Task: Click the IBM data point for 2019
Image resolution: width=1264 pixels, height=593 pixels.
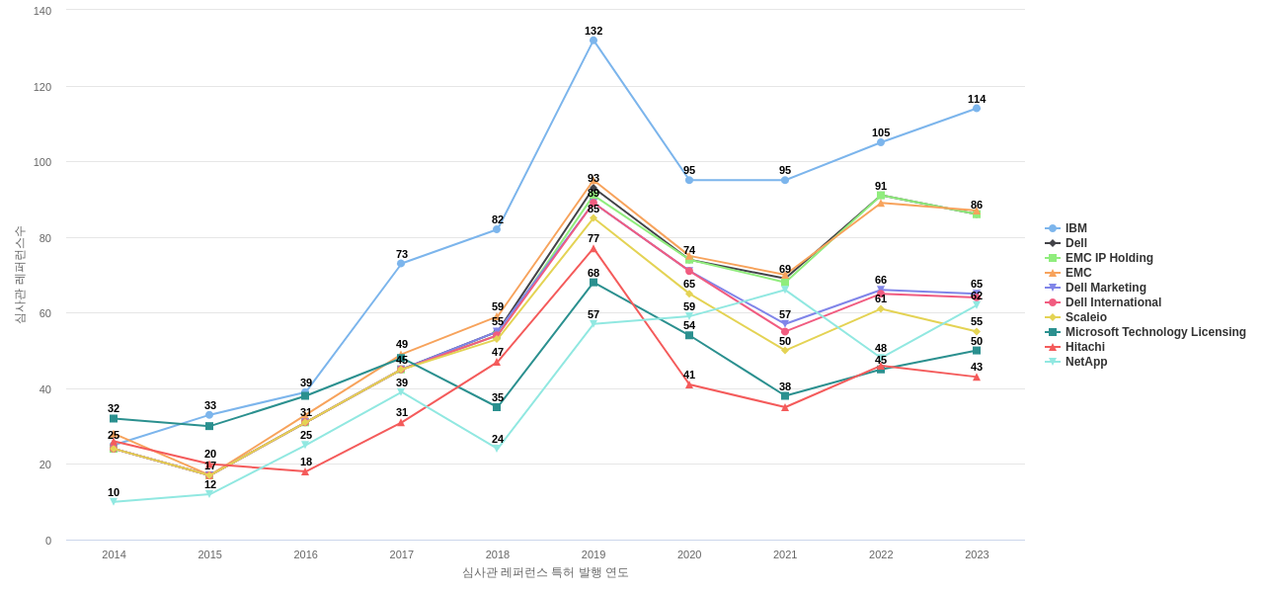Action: [593, 41]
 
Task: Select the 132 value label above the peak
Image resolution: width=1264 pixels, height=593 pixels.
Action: [593, 31]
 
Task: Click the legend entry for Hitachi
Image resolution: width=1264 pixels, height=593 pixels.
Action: [1084, 347]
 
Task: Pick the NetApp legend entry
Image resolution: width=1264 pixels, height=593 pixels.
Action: [1085, 362]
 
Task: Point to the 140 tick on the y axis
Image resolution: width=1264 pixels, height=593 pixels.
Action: [42, 11]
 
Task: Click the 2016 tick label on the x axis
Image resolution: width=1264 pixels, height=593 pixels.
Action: [306, 554]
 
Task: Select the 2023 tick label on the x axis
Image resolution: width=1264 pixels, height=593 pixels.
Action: [977, 554]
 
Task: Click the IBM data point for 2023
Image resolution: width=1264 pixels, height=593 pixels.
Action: [977, 109]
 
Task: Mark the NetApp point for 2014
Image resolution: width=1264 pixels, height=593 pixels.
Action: [114, 502]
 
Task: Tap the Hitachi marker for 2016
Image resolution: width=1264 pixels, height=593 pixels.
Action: [305, 471]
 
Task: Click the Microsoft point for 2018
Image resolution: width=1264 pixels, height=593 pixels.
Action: [497, 407]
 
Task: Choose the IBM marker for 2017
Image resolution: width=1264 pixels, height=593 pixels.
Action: [401, 264]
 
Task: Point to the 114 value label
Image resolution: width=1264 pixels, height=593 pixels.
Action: [977, 99]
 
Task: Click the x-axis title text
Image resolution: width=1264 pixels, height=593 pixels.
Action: [545, 572]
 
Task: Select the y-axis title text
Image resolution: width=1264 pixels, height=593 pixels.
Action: [20, 275]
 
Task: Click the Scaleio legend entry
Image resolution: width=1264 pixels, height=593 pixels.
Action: [1085, 317]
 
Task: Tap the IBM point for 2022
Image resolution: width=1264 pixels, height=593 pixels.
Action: [881, 142]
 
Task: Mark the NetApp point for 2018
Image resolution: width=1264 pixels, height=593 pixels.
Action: [497, 449]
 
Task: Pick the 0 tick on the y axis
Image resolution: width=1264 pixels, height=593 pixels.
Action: [47, 541]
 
